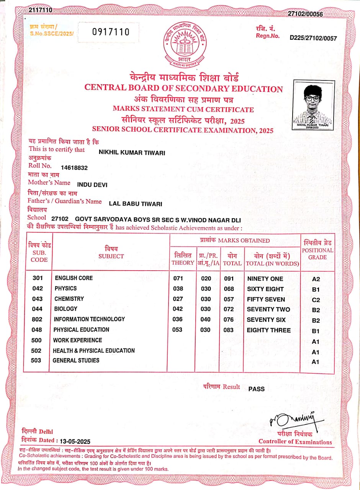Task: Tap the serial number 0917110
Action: click(x=111, y=32)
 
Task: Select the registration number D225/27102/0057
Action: click(x=313, y=38)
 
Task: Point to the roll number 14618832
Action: click(x=74, y=168)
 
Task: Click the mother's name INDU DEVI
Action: click(x=92, y=185)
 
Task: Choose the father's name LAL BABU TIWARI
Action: click(x=136, y=204)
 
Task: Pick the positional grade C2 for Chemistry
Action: click(x=316, y=300)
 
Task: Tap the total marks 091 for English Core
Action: click(x=229, y=279)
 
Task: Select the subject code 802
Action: click(x=38, y=319)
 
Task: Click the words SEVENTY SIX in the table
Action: click(x=266, y=320)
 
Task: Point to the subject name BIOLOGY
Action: click(x=66, y=309)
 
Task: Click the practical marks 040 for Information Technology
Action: click(x=206, y=320)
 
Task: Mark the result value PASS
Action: click(x=257, y=389)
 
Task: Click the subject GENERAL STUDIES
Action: click(x=76, y=360)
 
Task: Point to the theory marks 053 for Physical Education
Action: click(x=177, y=330)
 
